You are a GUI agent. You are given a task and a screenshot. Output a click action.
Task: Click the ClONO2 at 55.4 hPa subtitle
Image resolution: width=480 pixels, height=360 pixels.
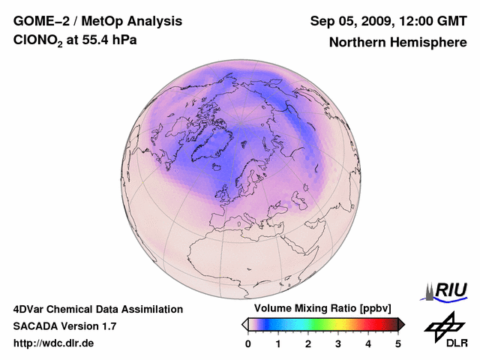coord(75,41)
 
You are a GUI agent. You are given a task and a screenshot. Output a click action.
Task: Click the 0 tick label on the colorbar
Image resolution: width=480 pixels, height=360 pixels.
coord(248,343)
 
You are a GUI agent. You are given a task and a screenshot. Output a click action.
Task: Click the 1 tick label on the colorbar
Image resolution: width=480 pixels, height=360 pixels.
coord(278,343)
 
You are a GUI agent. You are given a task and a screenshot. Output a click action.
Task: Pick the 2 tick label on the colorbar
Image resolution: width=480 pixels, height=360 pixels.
coord(308,343)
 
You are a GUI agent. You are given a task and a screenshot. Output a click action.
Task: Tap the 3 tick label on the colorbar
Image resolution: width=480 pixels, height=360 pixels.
coord(338,343)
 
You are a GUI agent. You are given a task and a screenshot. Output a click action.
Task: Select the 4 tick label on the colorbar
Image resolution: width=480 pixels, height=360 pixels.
coord(368,343)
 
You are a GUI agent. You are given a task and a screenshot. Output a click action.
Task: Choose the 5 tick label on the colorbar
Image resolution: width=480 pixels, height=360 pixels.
coord(398,343)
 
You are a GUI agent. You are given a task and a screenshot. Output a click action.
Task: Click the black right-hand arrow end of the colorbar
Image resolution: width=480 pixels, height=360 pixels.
coord(402,324)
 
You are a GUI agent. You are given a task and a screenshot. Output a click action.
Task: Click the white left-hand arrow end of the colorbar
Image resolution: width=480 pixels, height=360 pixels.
coord(244,324)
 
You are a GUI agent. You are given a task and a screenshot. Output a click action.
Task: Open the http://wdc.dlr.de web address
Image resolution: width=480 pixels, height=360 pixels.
coord(54,343)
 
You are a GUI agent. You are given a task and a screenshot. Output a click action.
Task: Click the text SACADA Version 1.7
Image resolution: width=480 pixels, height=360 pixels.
coord(64,326)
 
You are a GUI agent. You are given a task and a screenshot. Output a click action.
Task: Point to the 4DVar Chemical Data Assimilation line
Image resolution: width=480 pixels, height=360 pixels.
coord(97,309)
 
